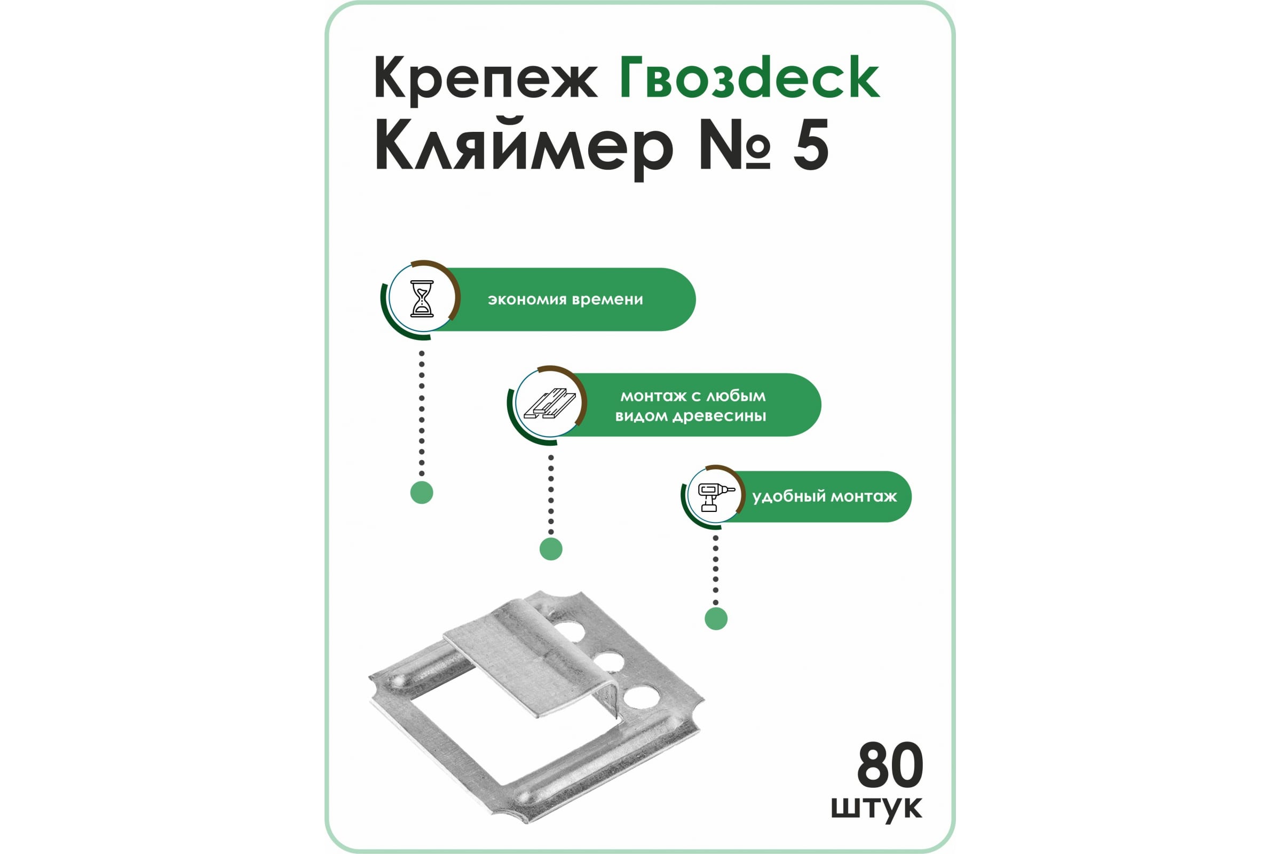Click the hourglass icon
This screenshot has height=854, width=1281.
pyautogui.click(x=422, y=298)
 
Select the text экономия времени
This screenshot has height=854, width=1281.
pyautogui.click(x=565, y=299)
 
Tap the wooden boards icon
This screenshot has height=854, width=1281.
pyautogui.click(x=550, y=404)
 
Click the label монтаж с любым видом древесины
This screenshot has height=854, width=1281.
pyautogui.click(x=691, y=406)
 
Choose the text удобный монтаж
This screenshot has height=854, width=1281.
pyautogui.click(x=825, y=497)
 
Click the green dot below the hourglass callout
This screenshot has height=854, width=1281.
pyautogui.click(x=422, y=492)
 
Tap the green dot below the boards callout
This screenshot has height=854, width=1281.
pyautogui.click(x=551, y=549)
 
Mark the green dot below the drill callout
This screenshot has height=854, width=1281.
pyautogui.click(x=716, y=619)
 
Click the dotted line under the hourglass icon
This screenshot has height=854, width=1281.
pyautogui.click(x=422, y=414)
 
